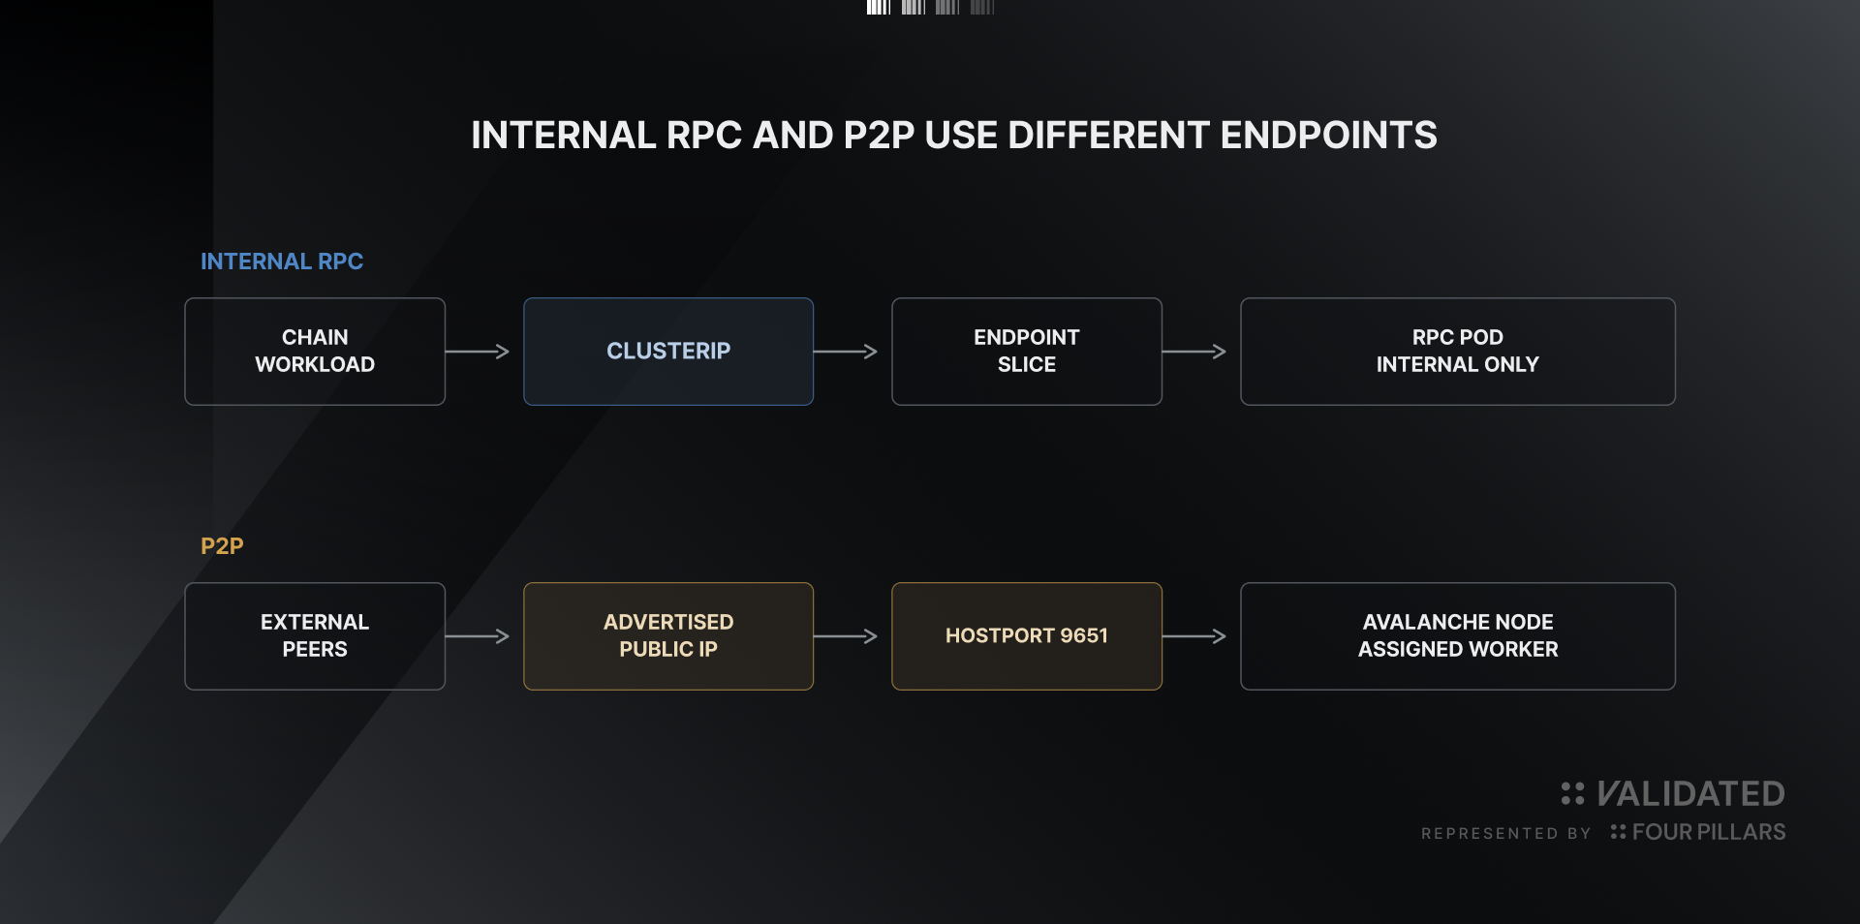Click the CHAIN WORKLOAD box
tap(315, 352)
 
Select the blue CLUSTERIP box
tap(668, 352)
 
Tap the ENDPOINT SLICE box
tap(1027, 352)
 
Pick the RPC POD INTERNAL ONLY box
tap(1458, 352)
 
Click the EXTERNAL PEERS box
tap(315, 636)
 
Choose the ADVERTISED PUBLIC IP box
tap(668, 636)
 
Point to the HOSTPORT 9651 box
tap(1027, 636)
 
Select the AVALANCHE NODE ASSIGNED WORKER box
tap(1458, 636)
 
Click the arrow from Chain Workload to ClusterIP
tap(478, 352)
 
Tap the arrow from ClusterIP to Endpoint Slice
tap(846, 352)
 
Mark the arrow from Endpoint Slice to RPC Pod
tap(1194, 352)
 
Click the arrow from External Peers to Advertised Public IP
tap(478, 636)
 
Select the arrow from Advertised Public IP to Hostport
tap(846, 636)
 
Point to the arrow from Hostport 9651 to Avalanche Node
tap(1194, 636)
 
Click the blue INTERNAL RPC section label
tap(282, 262)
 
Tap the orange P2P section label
tap(222, 546)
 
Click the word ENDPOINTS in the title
tap(1328, 136)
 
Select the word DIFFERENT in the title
tap(1108, 136)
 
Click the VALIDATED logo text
tap(1690, 794)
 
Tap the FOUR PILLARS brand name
tap(1709, 832)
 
